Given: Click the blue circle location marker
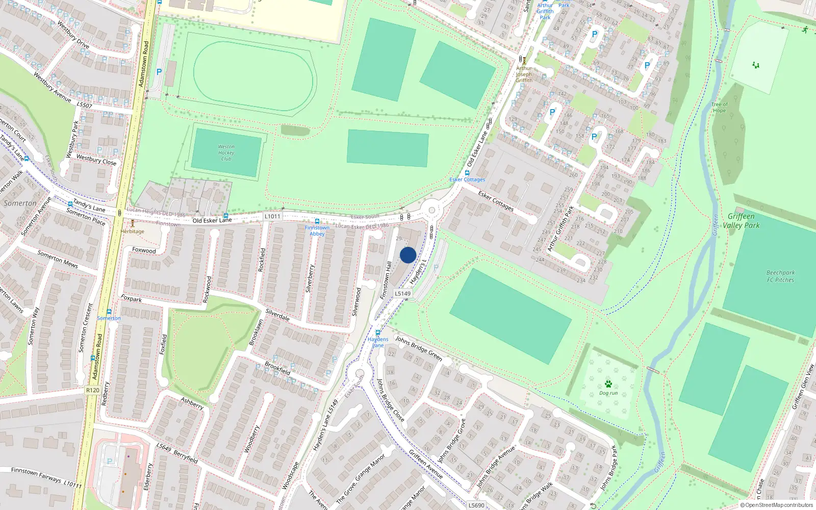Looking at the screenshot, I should tap(408, 255).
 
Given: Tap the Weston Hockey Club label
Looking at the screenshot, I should tap(226, 152).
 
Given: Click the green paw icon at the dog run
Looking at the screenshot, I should tap(608, 384).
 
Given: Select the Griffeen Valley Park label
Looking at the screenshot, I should tap(741, 221).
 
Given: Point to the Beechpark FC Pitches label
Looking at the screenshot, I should tap(780, 276).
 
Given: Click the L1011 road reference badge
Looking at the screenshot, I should tap(272, 216).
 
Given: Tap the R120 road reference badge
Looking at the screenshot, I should tap(92, 390).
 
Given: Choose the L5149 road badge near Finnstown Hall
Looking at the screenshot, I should tap(402, 293).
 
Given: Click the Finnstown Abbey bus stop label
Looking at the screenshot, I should tap(317, 231).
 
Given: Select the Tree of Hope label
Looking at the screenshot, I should tap(720, 107).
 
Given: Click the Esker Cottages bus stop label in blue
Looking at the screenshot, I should tap(467, 180).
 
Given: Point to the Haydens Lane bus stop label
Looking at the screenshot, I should tap(378, 342).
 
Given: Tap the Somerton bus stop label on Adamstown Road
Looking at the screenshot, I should tap(109, 318).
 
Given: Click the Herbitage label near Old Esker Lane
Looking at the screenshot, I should tap(133, 232).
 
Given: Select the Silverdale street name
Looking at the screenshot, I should tap(277, 315).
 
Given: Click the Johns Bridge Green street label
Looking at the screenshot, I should tap(418, 348).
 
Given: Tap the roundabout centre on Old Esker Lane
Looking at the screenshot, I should tap(432, 210).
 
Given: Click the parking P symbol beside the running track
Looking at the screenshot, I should tap(159, 72).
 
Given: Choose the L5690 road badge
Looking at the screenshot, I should tap(476, 505).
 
